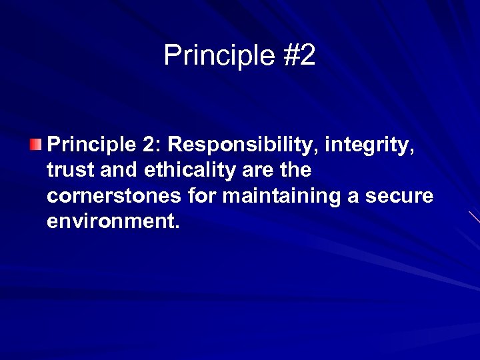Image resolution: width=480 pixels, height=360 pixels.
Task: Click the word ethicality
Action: pos(188,171)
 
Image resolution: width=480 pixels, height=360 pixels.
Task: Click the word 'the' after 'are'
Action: pos(296,171)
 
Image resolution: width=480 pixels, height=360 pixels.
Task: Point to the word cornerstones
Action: pos(113,197)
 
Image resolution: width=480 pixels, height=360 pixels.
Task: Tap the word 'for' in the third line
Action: pos(201,197)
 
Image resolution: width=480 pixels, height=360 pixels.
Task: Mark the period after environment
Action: pos(177,227)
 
